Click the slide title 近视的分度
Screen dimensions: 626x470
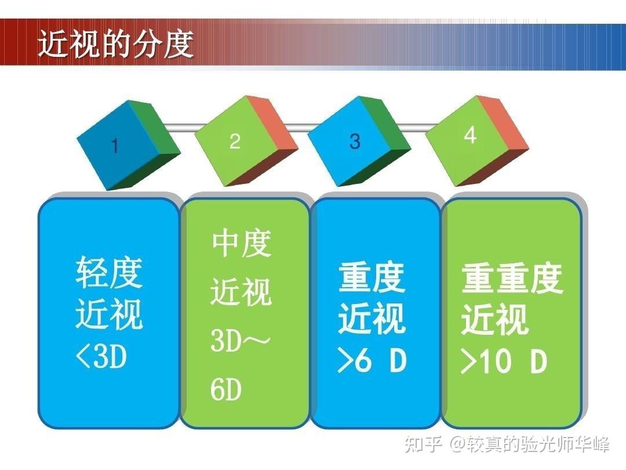point(116,44)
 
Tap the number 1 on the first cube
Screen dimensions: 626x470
point(115,146)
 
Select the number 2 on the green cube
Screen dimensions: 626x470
point(235,141)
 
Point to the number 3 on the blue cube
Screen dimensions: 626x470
point(355,141)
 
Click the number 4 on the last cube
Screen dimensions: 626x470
point(470,135)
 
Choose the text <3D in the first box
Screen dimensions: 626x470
point(101,356)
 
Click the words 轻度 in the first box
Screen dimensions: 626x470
point(109,272)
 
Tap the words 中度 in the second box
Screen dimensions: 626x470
point(242,243)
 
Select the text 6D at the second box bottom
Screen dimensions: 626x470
point(226,390)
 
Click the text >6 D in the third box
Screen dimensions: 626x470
point(372,360)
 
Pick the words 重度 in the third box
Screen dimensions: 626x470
point(372,278)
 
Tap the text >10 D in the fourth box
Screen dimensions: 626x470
point(504,361)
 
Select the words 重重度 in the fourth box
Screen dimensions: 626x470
point(512,279)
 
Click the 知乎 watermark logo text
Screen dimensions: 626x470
point(424,444)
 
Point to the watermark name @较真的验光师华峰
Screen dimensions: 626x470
point(530,444)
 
